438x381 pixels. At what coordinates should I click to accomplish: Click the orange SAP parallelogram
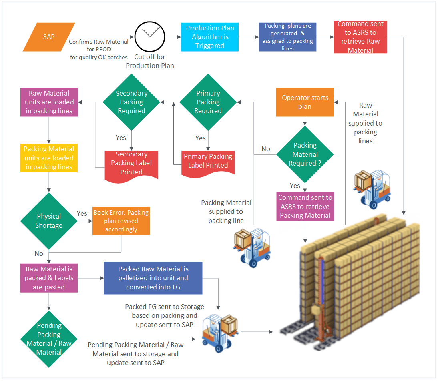(x=49, y=37)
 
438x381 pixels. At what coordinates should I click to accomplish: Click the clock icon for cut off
(x=150, y=36)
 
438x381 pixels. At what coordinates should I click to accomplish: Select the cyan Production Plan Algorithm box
(x=210, y=37)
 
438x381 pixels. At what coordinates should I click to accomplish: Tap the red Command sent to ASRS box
(x=360, y=37)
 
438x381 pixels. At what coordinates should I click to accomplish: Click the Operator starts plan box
(x=305, y=102)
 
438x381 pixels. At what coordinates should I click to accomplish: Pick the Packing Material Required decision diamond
(x=305, y=154)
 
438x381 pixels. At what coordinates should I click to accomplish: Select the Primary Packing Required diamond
(x=208, y=102)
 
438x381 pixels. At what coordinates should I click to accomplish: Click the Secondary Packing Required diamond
(x=131, y=102)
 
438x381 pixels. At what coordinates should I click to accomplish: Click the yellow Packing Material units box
(x=49, y=158)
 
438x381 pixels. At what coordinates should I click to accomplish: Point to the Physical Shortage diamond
(x=49, y=221)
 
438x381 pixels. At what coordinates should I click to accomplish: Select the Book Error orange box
(x=121, y=221)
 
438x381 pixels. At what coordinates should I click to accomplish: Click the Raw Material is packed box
(x=49, y=278)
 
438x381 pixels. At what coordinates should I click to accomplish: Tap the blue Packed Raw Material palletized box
(x=153, y=278)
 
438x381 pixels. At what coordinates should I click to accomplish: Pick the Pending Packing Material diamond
(x=49, y=339)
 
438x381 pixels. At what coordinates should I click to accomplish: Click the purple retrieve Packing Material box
(x=305, y=207)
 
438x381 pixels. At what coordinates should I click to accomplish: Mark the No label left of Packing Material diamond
(x=266, y=149)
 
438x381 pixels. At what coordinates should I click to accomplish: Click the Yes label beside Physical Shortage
(x=82, y=213)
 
